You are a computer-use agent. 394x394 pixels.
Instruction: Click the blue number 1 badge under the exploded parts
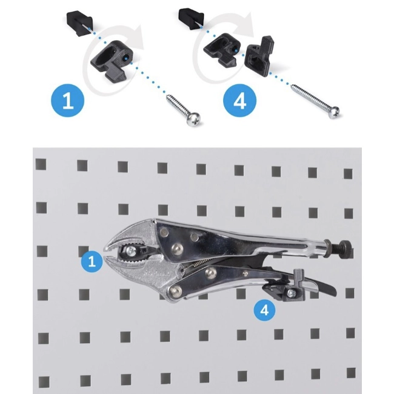[x=68, y=101]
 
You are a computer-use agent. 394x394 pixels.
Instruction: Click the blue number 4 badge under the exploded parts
[x=239, y=101]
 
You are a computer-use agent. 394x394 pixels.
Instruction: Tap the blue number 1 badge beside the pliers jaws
[x=92, y=261]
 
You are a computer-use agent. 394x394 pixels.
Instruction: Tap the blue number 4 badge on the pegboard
[x=264, y=310]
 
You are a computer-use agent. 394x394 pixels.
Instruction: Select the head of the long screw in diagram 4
[x=333, y=112]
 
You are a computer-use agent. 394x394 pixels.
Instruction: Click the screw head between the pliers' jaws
[x=131, y=250]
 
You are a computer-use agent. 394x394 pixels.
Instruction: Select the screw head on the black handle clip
[x=292, y=293]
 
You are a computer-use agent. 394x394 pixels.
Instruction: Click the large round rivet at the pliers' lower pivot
[x=175, y=292]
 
